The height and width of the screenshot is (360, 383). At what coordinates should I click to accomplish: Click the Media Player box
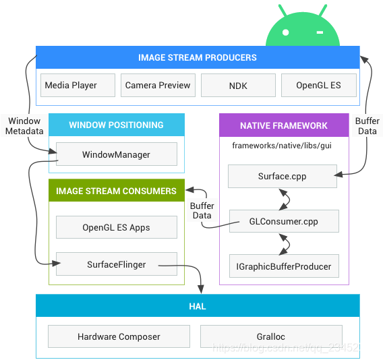78,85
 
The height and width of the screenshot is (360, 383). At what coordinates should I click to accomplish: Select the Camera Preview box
158,85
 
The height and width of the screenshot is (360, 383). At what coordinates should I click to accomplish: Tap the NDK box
238,85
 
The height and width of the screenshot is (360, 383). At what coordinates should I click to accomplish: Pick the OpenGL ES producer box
319,85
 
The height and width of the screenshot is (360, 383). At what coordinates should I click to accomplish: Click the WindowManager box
117,154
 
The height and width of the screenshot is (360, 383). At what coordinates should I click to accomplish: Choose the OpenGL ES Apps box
117,227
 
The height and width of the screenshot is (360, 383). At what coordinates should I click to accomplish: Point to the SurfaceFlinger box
117,264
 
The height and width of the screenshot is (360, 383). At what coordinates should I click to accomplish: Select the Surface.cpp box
283,176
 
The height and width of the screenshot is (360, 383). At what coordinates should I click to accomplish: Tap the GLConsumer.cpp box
284,221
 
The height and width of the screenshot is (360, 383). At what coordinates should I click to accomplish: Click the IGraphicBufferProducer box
284,266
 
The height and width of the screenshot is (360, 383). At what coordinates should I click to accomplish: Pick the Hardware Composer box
119,336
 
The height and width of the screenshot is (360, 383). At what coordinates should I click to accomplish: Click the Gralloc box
271,336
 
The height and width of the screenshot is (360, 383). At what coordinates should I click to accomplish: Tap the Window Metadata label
24,126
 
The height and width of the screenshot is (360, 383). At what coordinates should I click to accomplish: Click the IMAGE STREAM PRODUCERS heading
198,57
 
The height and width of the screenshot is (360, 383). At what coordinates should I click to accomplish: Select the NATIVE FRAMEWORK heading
284,125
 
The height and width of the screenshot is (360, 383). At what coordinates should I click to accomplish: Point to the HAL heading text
198,306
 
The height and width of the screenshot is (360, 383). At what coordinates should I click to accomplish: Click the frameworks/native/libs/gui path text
282,146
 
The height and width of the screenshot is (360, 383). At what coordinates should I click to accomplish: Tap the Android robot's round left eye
285,32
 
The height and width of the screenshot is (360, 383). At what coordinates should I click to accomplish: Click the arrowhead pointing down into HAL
201,289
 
